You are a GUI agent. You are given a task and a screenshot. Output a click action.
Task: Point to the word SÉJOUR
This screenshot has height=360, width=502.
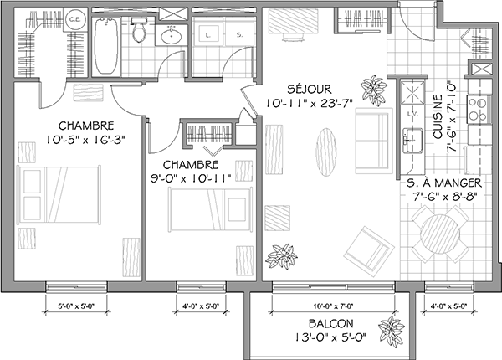[310, 89]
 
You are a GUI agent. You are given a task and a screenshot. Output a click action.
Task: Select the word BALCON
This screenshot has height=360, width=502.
[329, 324]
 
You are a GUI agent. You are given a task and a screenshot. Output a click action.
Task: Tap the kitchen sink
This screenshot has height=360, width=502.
[410, 137]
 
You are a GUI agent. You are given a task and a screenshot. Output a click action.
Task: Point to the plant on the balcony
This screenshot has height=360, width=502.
[389, 329]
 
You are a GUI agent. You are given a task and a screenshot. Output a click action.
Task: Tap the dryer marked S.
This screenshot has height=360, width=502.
[238, 35]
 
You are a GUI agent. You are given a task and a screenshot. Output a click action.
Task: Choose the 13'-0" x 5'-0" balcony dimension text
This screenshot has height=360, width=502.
[330, 338]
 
